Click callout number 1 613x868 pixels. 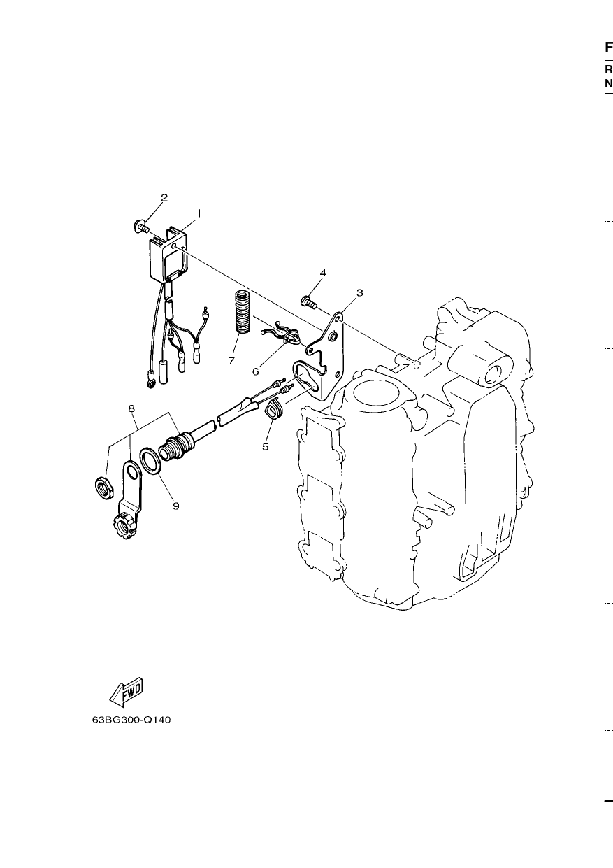[199, 213]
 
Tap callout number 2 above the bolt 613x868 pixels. [164, 198]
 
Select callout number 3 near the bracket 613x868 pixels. [360, 293]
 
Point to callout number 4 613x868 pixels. [323, 273]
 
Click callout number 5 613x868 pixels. [265, 446]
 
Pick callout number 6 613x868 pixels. [256, 371]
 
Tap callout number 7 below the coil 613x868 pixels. [231, 361]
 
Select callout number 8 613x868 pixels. [131, 408]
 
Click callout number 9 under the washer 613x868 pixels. [176, 506]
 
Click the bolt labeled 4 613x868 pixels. [309, 302]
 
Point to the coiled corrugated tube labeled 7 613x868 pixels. [243, 311]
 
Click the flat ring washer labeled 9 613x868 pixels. [151, 461]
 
